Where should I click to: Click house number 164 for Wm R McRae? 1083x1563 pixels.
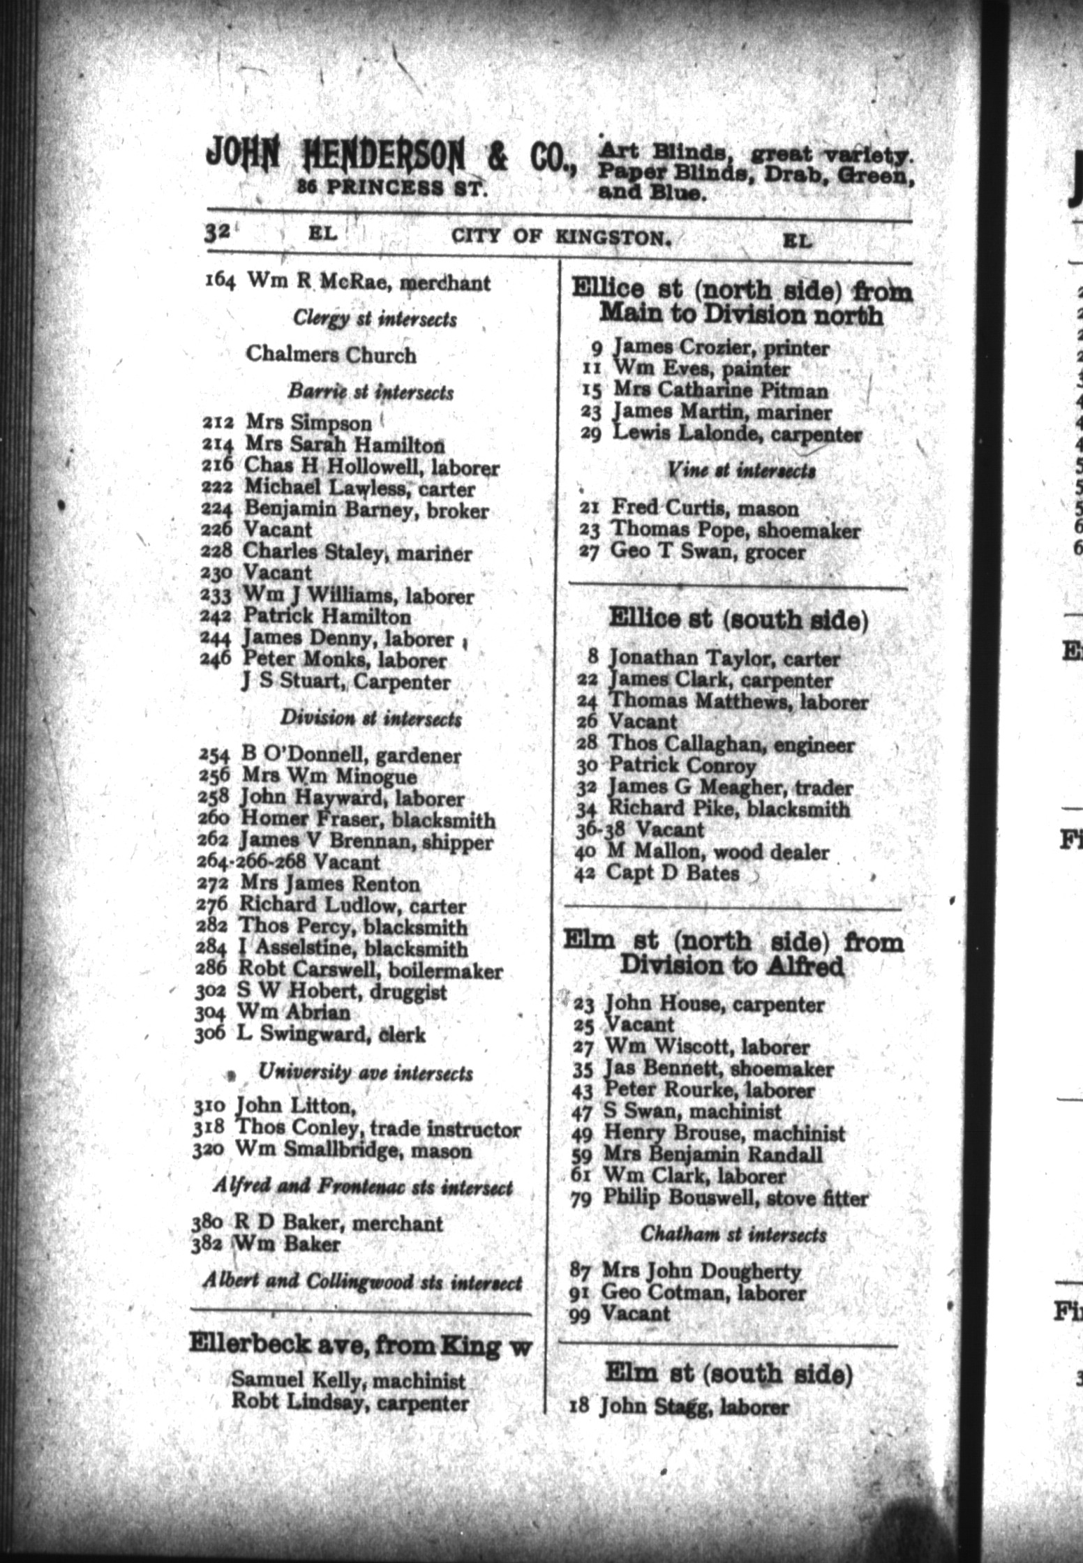click(221, 282)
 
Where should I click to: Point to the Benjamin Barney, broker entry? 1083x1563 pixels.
click(365, 510)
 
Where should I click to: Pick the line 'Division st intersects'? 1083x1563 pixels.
click(371, 718)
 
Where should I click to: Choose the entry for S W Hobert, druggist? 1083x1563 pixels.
click(342, 992)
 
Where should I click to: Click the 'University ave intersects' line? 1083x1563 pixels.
click(365, 1072)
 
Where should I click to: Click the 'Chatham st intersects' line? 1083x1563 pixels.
click(733, 1234)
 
